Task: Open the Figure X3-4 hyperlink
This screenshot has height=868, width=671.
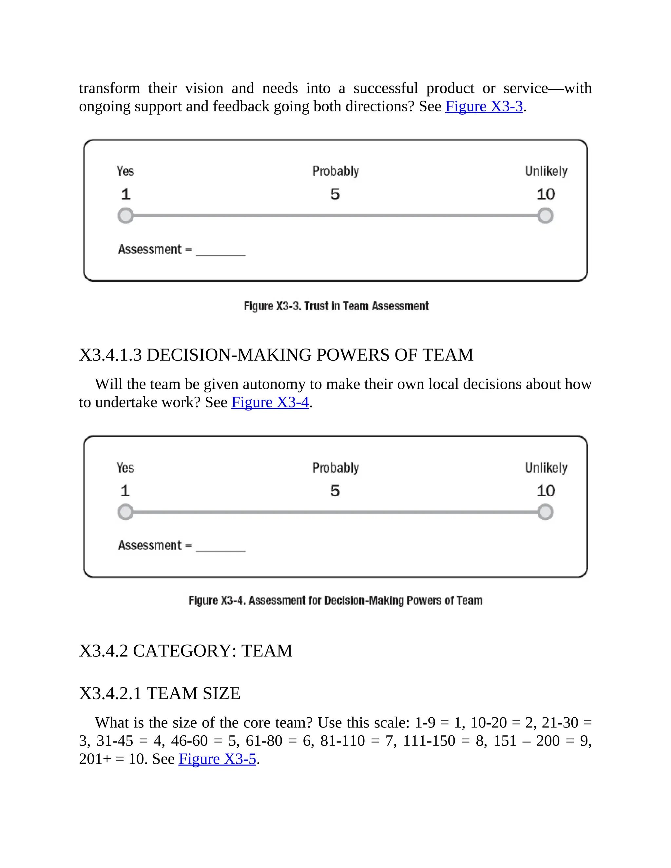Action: (x=270, y=402)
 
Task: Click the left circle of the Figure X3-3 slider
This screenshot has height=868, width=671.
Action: (x=125, y=216)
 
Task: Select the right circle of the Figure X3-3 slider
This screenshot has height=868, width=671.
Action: (x=546, y=216)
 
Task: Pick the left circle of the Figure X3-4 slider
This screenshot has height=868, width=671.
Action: (x=125, y=512)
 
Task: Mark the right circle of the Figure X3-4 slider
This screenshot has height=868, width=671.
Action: (x=546, y=512)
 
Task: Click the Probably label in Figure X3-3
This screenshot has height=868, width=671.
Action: (x=335, y=171)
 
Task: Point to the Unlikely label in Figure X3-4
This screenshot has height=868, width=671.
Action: (x=546, y=468)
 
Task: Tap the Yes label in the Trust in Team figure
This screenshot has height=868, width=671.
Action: (x=125, y=171)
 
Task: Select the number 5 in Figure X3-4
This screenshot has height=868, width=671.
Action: (x=335, y=491)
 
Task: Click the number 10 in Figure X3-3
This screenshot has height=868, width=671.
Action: (x=546, y=194)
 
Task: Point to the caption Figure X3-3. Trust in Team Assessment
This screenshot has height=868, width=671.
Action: (x=336, y=306)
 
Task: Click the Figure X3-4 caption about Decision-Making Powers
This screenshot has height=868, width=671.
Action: (x=335, y=600)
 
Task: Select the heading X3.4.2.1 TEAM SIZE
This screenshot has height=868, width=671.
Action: (x=160, y=693)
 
